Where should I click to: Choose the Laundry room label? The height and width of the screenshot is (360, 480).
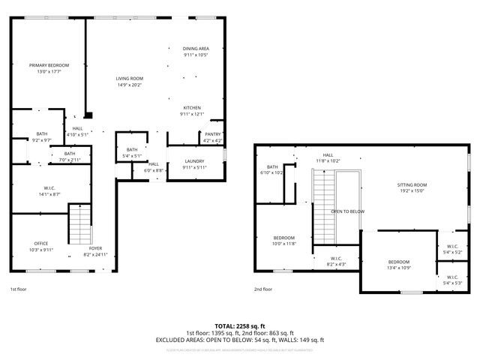193,163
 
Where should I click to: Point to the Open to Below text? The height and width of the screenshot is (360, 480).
348,211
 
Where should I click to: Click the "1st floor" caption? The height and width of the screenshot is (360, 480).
19,289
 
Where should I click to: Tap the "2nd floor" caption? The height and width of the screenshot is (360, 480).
262,289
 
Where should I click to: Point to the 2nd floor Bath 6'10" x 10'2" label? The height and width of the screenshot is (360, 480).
272,169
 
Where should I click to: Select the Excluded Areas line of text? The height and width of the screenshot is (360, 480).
240,340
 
